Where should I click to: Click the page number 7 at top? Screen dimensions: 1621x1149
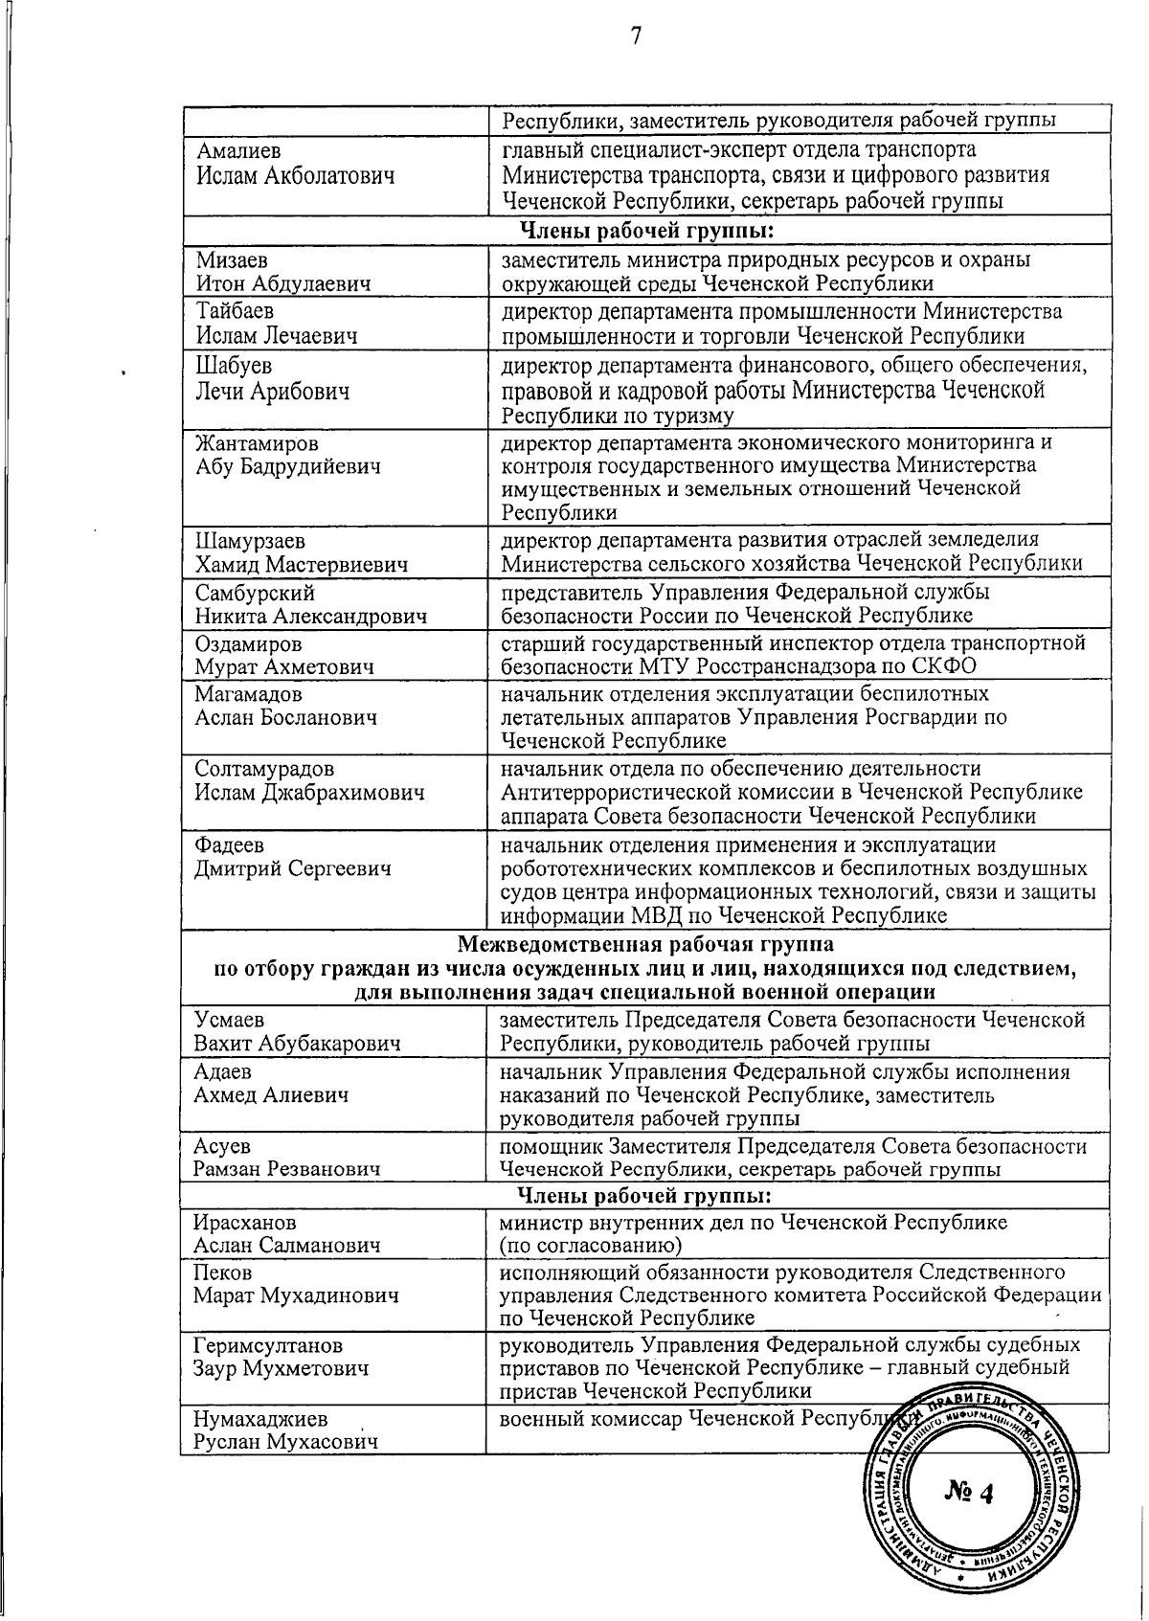(636, 36)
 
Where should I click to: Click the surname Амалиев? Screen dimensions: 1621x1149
(239, 150)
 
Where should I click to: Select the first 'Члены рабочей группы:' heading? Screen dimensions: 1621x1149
(646, 231)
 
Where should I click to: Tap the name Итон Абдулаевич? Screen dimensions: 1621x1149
(284, 283)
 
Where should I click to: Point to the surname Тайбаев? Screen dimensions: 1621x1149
(236, 311)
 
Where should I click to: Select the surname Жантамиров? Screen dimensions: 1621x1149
(258, 444)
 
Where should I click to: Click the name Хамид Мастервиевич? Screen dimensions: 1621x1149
(302, 565)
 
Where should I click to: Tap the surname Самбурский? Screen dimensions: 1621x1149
(255, 594)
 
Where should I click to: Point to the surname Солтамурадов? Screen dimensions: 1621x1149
(264, 769)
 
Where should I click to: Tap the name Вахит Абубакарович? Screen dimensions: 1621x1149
(297, 1043)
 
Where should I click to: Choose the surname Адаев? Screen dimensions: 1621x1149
(222, 1072)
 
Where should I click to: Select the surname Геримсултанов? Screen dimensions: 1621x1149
(267, 1346)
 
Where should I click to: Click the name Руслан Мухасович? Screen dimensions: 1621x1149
(285, 1442)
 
